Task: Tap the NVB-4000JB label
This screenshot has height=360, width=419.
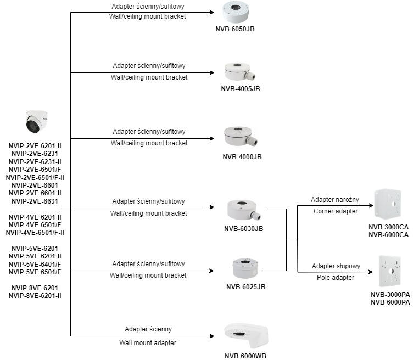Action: [x=242, y=157]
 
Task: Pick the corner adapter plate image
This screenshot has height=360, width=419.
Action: [x=388, y=204]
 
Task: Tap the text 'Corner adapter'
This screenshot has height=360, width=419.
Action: [x=335, y=211]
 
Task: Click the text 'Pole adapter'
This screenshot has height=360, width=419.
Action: [x=336, y=278]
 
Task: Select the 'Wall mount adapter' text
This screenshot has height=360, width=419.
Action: [x=148, y=342]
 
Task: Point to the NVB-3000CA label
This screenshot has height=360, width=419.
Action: [x=389, y=227]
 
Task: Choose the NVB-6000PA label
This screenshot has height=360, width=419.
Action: [x=390, y=302]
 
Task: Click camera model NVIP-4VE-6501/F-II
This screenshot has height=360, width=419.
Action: [x=35, y=232]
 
